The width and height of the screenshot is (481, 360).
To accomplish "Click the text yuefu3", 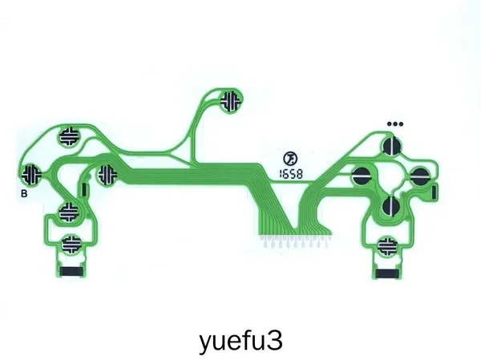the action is click(x=240, y=342).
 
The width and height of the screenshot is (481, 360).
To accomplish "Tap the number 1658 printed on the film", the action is click(x=291, y=174).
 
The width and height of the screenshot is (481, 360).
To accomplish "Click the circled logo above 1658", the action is click(x=290, y=159).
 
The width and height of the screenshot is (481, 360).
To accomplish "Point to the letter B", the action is click(x=24, y=194).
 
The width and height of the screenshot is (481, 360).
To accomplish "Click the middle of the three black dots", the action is click(x=395, y=124).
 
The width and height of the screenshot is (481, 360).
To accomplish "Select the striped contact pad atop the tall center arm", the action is click(x=231, y=101).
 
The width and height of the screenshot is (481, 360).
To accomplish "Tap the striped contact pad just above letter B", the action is click(x=31, y=174).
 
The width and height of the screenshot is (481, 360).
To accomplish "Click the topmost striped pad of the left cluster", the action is click(x=69, y=136).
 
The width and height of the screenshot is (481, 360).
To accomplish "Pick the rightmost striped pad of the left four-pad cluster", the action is click(x=107, y=175).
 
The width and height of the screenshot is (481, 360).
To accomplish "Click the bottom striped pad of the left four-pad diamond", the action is click(x=69, y=212).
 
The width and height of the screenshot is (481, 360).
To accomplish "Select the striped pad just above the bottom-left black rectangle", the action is click(x=72, y=244).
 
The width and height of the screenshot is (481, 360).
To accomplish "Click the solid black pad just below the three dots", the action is click(x=392, y=146).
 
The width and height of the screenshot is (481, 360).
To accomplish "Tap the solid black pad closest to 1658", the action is click(x=362, y=176).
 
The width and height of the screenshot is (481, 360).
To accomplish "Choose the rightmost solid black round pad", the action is click(x=420, y=176).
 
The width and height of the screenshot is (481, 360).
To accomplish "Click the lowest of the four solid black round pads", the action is click(x=391, y=205).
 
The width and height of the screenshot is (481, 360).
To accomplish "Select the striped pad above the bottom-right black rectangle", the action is click(x=387, y=246).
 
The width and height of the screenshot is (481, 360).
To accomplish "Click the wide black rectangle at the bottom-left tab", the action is click(x=71, y=271).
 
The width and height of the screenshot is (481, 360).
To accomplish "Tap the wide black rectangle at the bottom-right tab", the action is click(x=387, y=273).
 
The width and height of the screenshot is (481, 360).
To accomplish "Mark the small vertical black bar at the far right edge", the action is click(x=434, y=192).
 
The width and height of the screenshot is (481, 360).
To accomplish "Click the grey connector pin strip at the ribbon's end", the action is click(x=294, y=241).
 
